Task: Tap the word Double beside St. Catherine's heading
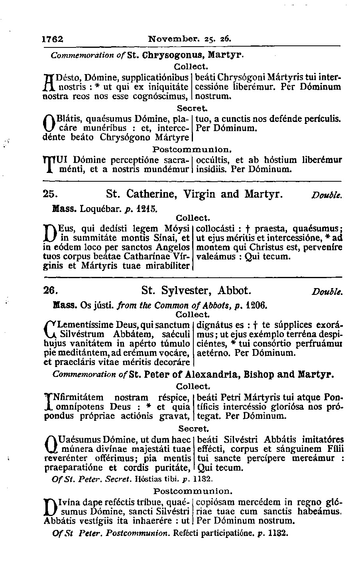(327, 196)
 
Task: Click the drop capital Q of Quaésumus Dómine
(49, 445)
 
